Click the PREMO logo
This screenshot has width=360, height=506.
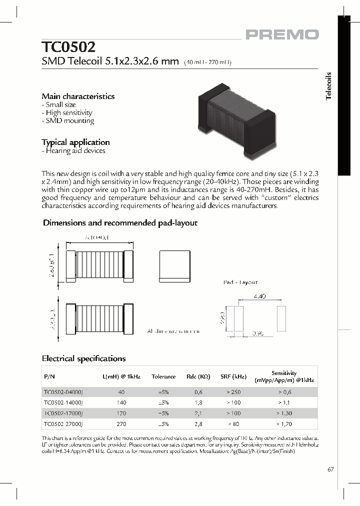point(281,34)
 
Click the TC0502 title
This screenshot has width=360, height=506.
point(68,47)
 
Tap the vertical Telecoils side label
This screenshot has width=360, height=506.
point(328,86)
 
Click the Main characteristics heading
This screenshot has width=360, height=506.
point(78,96)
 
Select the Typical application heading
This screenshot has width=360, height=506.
point(75,142)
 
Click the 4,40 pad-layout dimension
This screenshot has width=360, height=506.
point(259,296)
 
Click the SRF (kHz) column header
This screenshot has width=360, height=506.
point(232,376)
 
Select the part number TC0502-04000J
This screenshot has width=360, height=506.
point(63,392)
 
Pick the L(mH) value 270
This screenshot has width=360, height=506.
point(122,423)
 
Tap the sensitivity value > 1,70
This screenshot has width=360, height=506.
point(284,423)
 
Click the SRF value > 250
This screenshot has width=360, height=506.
point(232,392)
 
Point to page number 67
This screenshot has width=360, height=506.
point(330,469)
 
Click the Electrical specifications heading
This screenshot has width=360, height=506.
point(83,358)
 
